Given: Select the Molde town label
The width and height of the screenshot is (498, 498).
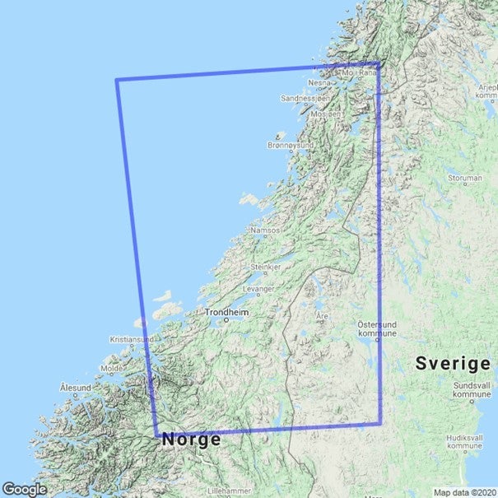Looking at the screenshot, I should [x=111, y=369].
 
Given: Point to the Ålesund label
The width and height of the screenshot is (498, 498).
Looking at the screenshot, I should [x=76, y=387].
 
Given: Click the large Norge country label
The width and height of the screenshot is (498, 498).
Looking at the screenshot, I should [x=191, y=440].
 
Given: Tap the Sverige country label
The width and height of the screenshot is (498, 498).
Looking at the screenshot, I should [x=453, y=363].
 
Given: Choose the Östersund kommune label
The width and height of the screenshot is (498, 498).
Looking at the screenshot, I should [x=378, y=329].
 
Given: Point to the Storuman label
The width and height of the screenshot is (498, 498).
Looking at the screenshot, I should [x=464, y=177].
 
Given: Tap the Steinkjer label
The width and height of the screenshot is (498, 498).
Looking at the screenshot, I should [x=266, y=268].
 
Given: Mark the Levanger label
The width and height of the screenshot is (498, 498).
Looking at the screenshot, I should [x=258, y=290].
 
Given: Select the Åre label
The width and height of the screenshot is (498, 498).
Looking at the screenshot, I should [x=322, y=315].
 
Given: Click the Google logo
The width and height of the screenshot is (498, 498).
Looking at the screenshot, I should [x=25, y=489].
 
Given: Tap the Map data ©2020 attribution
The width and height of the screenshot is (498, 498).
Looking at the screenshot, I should [x=464, y=492].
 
